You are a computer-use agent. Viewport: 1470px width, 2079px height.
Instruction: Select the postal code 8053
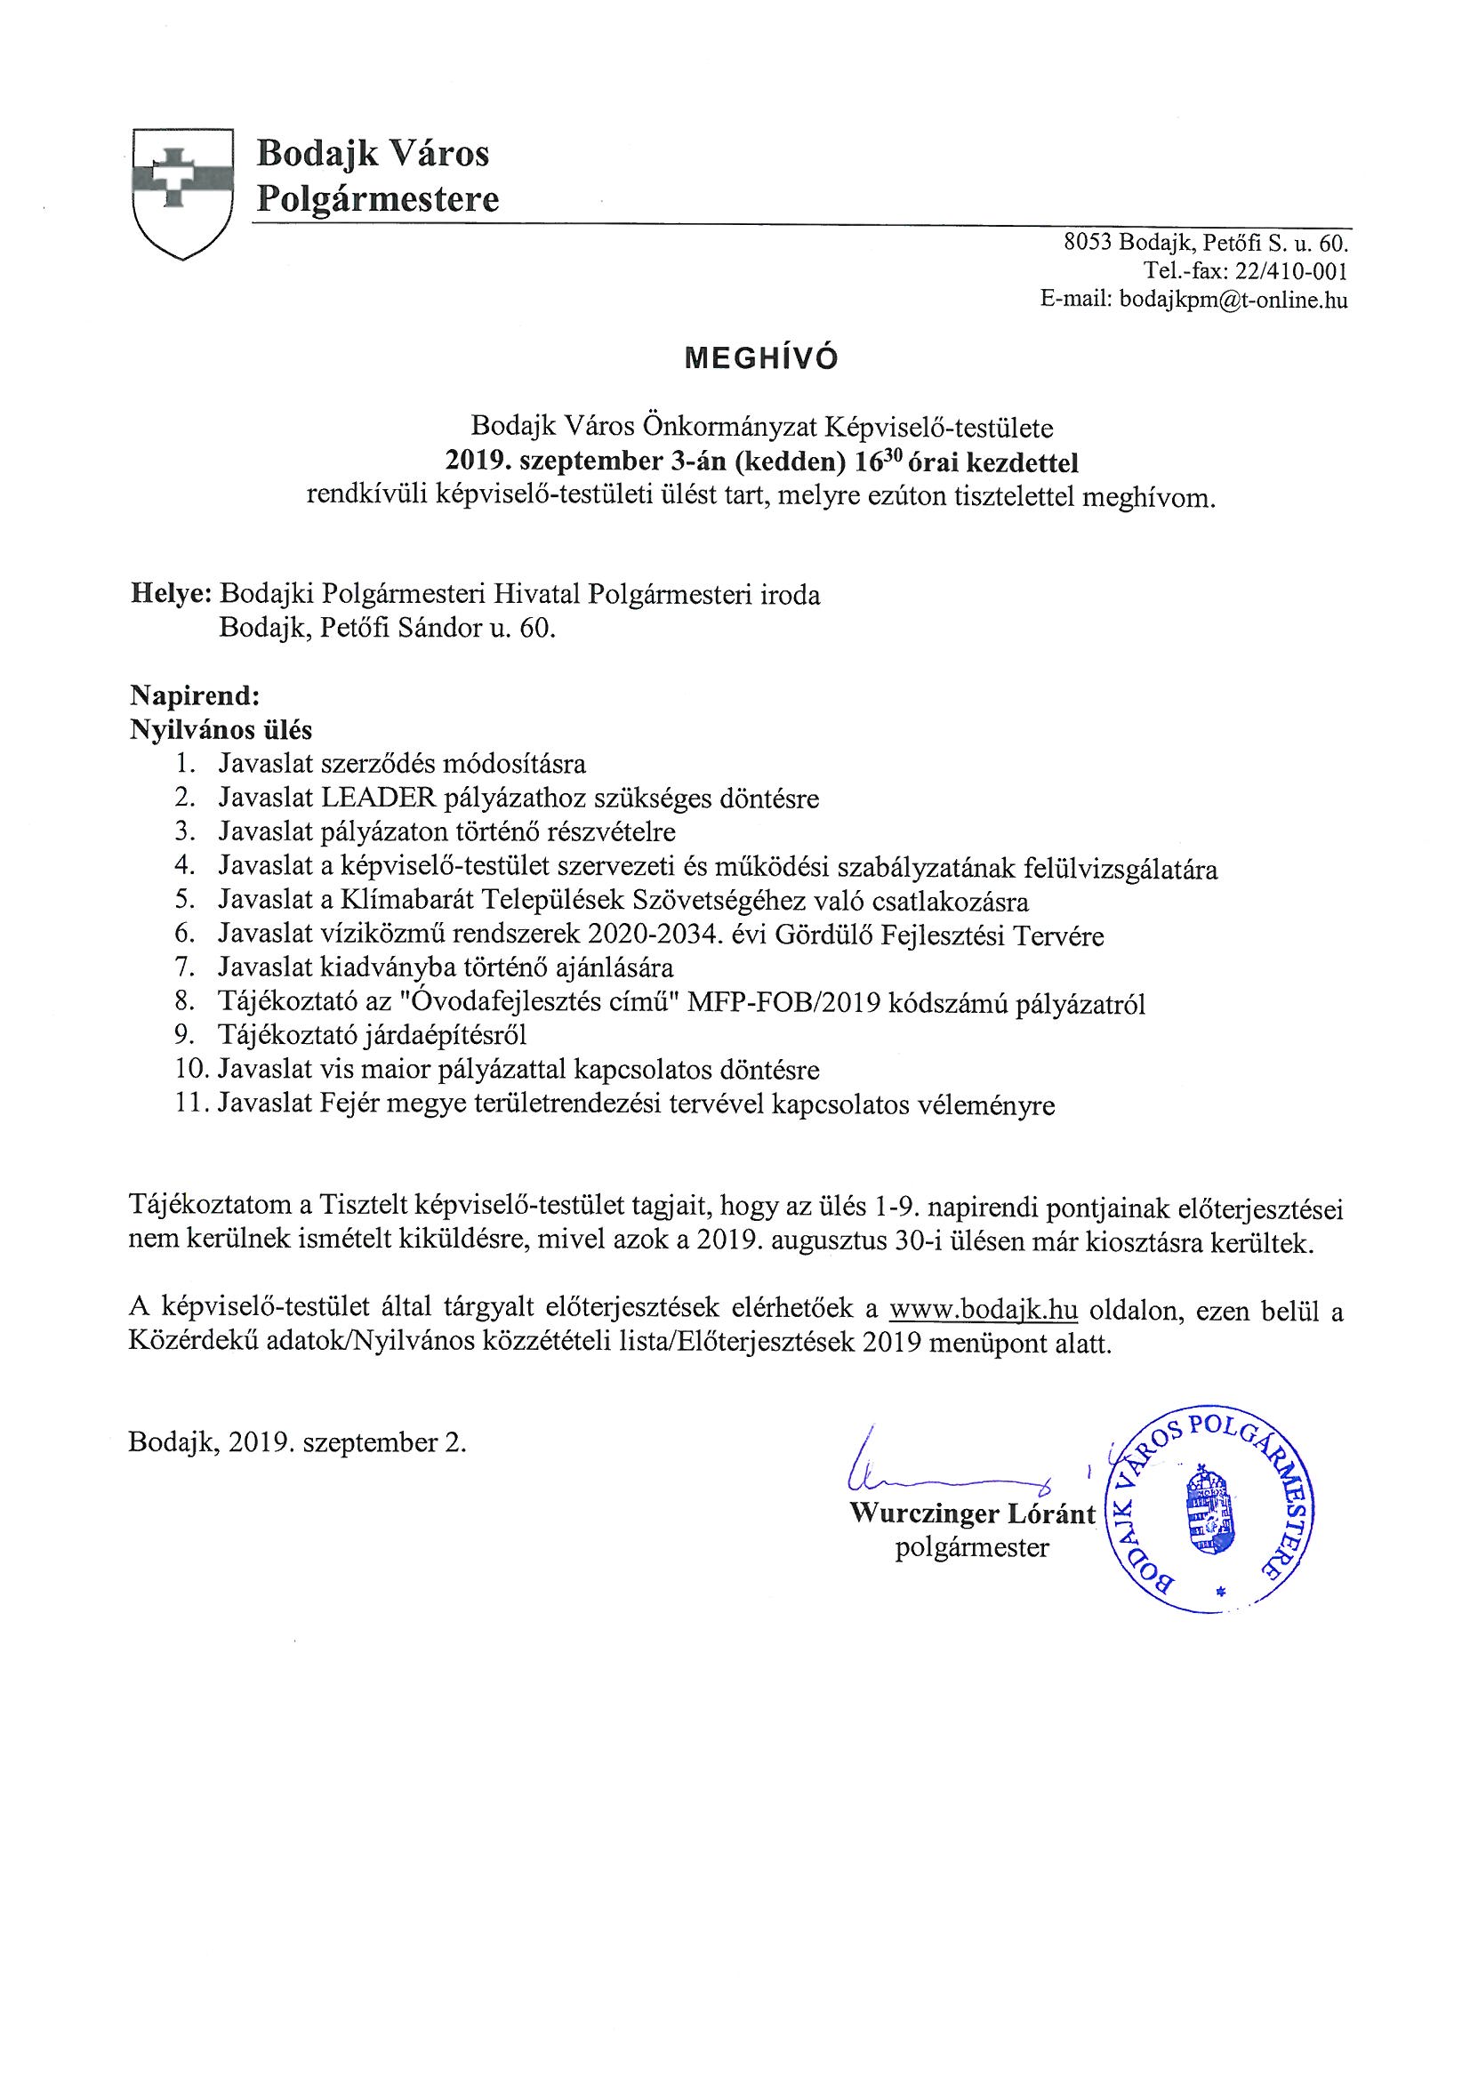click(1088, 243)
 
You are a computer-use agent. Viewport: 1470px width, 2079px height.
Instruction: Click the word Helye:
click(171, 595)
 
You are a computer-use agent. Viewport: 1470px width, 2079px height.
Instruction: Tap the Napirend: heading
click(195, 696)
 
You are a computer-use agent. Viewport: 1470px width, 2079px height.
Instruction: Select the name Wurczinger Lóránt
click(972, 1513)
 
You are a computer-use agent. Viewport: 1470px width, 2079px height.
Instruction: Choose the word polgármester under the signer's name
click(971, 1547)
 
